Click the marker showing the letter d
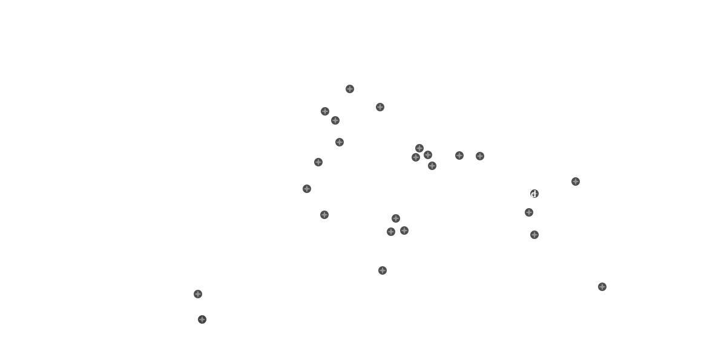(x=534, y=194)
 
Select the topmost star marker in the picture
(x=350, y=89)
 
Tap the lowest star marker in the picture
(x=202, y=319)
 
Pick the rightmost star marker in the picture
(x=602, y=287)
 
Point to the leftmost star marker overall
(x=198, y=294)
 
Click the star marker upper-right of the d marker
(x=576, y=182)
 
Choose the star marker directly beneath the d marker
(x=529, y=212)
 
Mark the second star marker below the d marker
(x=534, y=235)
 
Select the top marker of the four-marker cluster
(x=419, y=148)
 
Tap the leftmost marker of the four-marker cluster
(x=416, y=157)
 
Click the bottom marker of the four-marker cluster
(x=432, y=166)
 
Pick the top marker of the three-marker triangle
(x=396, y=218)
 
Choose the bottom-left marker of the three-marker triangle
(x=391, y=232)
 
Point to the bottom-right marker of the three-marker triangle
(x=404, y=231)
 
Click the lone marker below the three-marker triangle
(x=383, y=270)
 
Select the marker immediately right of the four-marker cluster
(x=459, y=155)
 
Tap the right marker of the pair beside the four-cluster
(x=480, y=156)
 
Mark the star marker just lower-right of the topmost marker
(x=380, y=107)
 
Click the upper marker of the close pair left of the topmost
(x=325, y=111)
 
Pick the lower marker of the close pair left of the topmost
(x=335, y=120)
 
